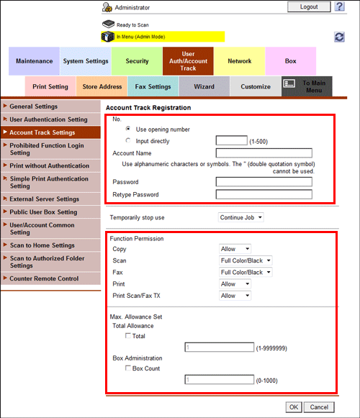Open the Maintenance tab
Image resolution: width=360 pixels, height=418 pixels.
(x=34, y=61)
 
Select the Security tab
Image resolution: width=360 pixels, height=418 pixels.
(x=137, y=61)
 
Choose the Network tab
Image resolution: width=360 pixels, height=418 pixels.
(x=240, y=61)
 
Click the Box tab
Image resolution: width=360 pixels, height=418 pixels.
(x=290, y=61)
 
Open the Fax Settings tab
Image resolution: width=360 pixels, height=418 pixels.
(x=153, y=87)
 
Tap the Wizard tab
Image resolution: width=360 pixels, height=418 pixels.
(x=204, y=87)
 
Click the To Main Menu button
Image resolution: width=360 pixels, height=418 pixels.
(x=307, y=87)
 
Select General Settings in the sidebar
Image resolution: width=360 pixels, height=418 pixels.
(x=34, y=106)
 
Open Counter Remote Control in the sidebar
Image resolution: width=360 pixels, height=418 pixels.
(x=44, y=278)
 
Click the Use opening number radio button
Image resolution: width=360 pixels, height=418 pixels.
(x=128, y=129)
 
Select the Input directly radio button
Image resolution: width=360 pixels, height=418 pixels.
(x=128, y=141)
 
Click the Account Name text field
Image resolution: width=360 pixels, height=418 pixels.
(x=264, y=153)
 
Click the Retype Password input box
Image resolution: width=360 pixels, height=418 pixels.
(x=264, y=194)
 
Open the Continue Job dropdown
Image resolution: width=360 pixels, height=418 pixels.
(x=240, y=217)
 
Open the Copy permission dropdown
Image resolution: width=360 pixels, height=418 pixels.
(x=235, y=249)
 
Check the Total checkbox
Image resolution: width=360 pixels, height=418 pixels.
(x=128, y=336)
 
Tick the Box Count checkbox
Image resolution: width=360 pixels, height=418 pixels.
(x=128, y=368)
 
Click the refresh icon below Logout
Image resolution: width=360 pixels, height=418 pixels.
(x=340, y=37)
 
